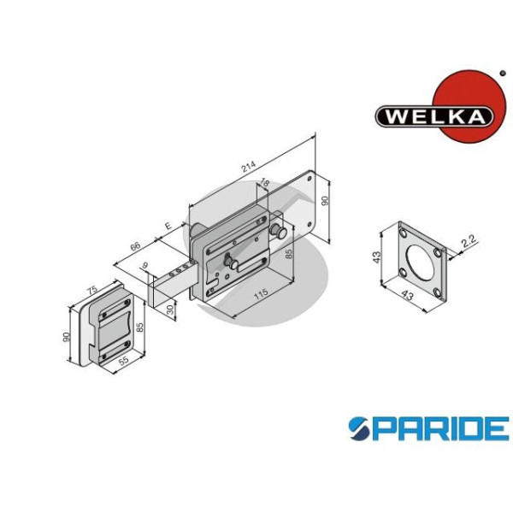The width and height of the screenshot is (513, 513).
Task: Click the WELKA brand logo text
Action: pyautogui.click(x=434, y=116)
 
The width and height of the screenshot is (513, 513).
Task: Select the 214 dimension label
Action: pyautogui.click(x=249, y=166)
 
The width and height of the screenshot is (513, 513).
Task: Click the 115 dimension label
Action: pyautogui.click(x=261, y=293)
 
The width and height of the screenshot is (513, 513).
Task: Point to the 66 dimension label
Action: pyautogui.click(x=135, y=246)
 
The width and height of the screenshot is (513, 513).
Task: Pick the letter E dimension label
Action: pyautogui.click(x=168, y=226)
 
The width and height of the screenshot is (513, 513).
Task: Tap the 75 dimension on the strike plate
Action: pyautogui.click(x=92, y=290)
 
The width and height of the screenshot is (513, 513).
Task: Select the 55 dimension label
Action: pyautogui.click(x=123, y=361)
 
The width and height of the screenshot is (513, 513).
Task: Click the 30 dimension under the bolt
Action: pyautogui.click(x=170, y=310)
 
